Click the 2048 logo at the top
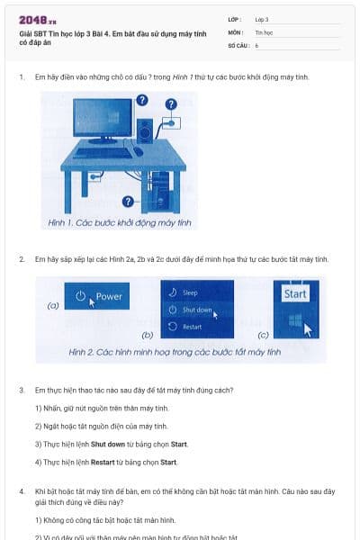(37, 19)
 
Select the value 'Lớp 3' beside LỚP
(261, 19)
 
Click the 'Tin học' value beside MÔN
(263, 31)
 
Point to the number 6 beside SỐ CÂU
(256, 44)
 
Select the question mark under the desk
(128, 201)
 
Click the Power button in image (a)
(98, 297)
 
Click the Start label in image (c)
(294, 294)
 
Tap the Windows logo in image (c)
(292, 320)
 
